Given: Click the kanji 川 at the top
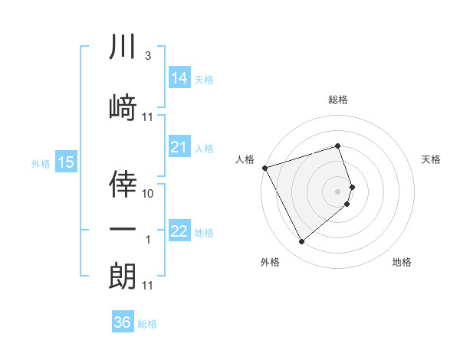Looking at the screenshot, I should point(123,47).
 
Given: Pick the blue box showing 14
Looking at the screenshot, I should point(179,77).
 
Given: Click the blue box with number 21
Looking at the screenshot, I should point(179,147).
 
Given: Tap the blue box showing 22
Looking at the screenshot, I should point(179,232).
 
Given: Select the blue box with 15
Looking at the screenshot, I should point(65,162).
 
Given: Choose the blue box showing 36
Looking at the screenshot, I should point(122,322).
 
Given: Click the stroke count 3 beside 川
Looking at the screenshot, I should point(147,57).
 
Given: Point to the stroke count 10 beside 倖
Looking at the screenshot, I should point(149,194).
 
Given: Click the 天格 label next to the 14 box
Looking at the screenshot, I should point(204,79).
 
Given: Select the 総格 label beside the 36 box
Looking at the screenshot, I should point(147,324).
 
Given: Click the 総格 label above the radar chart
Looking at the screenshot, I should point(338,100).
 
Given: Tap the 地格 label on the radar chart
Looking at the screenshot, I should point(402,262).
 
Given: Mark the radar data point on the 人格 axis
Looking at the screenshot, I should point(264,168).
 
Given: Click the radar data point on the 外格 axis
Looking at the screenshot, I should point(301,242).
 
